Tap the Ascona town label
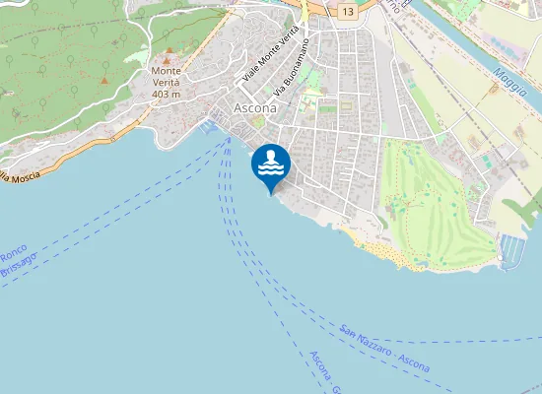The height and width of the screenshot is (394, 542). click(254, 106)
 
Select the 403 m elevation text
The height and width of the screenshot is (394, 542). click(167, 95)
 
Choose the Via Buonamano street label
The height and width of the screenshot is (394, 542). click(293, 67)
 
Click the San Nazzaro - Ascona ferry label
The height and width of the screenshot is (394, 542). click(384, 348)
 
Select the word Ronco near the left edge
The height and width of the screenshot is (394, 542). click(13, 251)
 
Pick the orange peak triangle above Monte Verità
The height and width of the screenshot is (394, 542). click(168, 49)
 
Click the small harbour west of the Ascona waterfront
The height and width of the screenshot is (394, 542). click(209, 127)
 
